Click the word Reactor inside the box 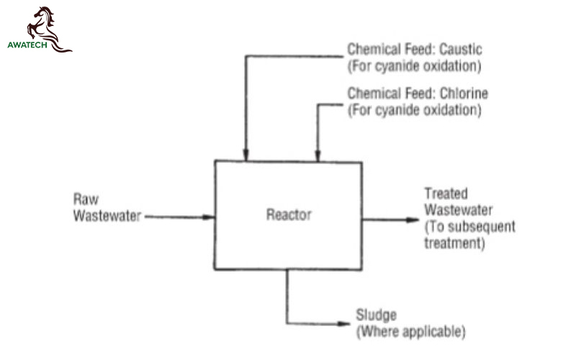289,215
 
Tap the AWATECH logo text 27,45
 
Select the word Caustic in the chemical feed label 461,49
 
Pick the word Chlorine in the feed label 464,94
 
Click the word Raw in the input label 86,199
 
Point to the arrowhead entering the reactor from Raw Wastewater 208,217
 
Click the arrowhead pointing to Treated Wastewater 413,220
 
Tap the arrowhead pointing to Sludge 344,324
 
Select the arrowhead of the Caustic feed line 246,155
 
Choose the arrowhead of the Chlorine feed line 318,156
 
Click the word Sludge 376,315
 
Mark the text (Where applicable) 410,332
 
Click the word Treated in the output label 446,194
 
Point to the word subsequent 482,227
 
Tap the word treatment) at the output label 455,243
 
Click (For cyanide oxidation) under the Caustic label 415,66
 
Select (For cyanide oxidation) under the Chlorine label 415,110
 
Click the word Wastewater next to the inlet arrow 107,215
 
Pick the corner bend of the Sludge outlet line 287,323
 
